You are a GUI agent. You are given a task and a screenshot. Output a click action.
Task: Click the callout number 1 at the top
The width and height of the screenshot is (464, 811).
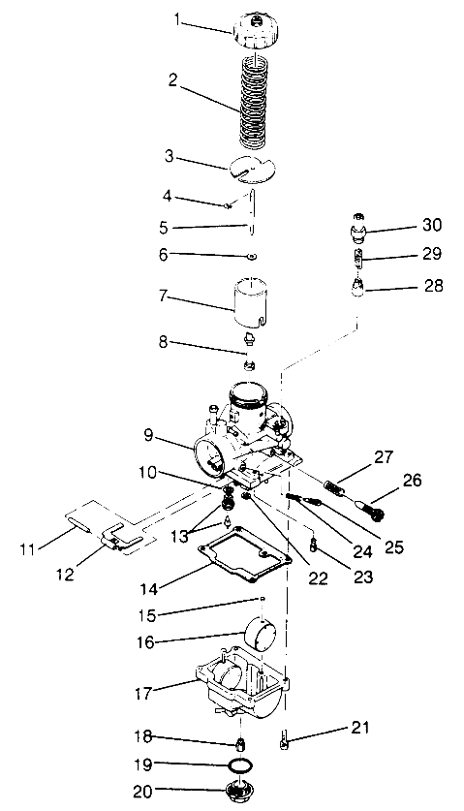[x=177, y=18]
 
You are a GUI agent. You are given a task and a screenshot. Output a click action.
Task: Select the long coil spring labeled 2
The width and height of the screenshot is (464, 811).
[x=251, y=102]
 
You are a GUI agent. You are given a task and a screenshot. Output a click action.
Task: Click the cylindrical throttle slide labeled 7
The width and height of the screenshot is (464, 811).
[x=251, y=296]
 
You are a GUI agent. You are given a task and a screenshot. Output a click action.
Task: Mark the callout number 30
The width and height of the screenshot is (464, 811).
[x=432, y=225]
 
